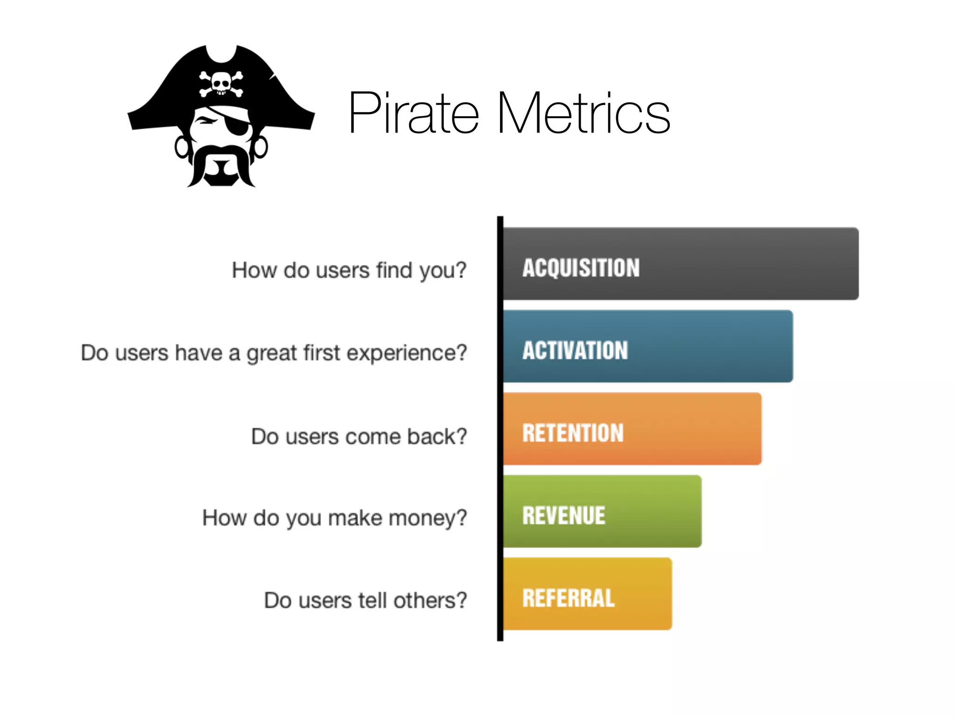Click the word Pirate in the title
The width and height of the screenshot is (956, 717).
tap(414, 113)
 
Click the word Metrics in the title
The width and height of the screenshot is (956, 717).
tap(583, 113)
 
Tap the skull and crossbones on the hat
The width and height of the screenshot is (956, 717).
tap(221, 84)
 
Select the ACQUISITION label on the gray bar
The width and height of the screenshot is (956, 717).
tap(581, 268)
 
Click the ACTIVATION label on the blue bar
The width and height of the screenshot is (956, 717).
tap(575, 351)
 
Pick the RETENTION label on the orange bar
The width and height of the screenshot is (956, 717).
tap(573, 433)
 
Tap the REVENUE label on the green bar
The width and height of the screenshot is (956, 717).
tap(564, 516)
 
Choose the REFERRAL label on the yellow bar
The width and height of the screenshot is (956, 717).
tap(569, 598)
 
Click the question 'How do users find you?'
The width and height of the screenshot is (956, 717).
tap(349, 270)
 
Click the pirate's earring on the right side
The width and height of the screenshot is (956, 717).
tap(260, 147)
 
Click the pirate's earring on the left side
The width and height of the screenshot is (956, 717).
tap(181, 148)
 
